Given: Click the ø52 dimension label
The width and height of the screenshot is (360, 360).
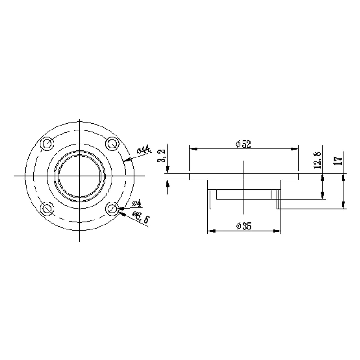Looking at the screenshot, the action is [243, 144].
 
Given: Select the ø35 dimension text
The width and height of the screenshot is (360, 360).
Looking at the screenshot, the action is [244, 226].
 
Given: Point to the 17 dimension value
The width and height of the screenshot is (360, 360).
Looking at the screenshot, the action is [338, 161].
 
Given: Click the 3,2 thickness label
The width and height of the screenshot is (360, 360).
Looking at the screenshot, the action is [162, 156].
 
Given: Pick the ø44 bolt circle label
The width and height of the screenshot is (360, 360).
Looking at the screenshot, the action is [144, 150].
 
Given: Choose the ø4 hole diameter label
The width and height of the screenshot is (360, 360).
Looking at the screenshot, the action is [137, 203].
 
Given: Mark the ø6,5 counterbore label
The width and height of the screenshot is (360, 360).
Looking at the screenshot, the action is [141, 217].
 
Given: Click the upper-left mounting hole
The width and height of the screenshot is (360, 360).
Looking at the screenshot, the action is [47, 144].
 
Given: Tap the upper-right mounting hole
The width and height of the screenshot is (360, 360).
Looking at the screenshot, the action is [112, 144].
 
